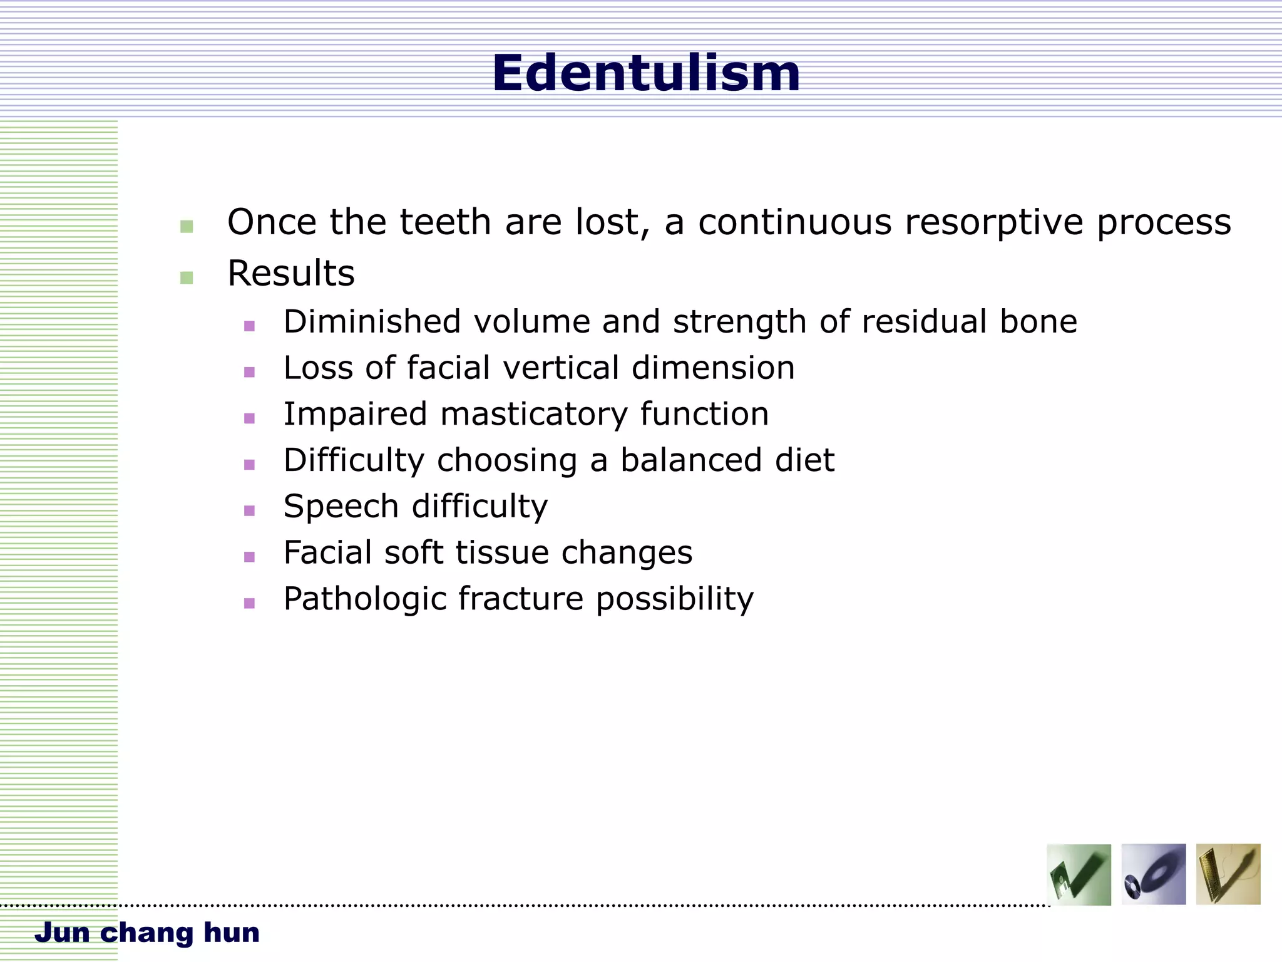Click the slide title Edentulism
click(646, 73)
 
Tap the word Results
click(290, 274)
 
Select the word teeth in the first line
click(445, 222)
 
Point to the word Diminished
click(373, 321)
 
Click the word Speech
click(341, 507)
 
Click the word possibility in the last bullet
click(674, 599)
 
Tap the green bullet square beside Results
click(187, 277)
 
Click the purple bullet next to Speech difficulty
click(249, 510)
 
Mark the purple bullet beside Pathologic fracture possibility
click(249, 603)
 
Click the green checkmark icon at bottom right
click(1079, 874)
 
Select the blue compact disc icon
click(1153, 874)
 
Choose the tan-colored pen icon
click(1228, 874)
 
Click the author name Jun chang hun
click(147, 933)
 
